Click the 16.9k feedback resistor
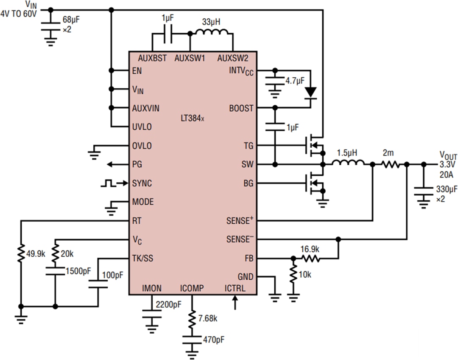click(x=310, y=258)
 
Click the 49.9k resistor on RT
click(x=20, y=255)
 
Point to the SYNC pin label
click(x=142, y=183)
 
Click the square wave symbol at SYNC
click(x=108, y=183)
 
